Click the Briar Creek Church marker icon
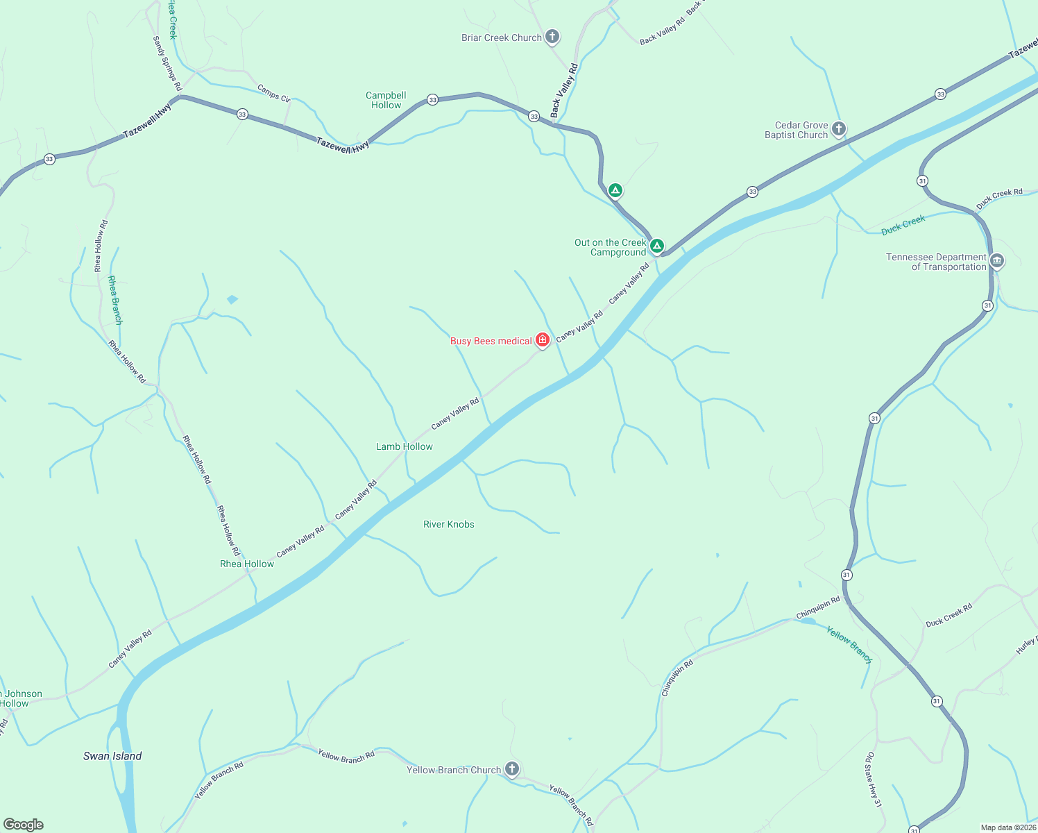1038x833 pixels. (x=552, y=37)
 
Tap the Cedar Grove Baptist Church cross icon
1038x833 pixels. (x=838, y=129)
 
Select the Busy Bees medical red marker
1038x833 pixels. (x=543, y=340)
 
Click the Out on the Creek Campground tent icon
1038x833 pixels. (x=656, y=246)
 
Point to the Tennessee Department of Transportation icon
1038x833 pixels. (x=997, y=261)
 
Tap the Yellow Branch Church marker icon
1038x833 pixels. (x=511, y=769)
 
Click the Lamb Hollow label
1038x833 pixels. (x=404, y=446)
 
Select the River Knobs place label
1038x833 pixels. (x=449, y=524)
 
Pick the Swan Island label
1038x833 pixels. (x=112, y=756)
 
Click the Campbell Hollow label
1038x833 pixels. (x=386, y=100)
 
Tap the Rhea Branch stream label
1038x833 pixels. (x=115, y=300)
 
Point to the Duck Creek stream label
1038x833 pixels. (x=903, y=225)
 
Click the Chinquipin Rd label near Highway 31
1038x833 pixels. (x=818, y=607)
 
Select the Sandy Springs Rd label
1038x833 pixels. (x=167, y=64)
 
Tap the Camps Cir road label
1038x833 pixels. (x=273, y=93)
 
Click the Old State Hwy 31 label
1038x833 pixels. (x=873, y=779)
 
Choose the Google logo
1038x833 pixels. (x=24, y=825)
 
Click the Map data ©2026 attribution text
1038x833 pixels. (x=1007, y=827)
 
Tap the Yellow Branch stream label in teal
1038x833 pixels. (x=849, y=644)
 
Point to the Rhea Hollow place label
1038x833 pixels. (x=247, y=564)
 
